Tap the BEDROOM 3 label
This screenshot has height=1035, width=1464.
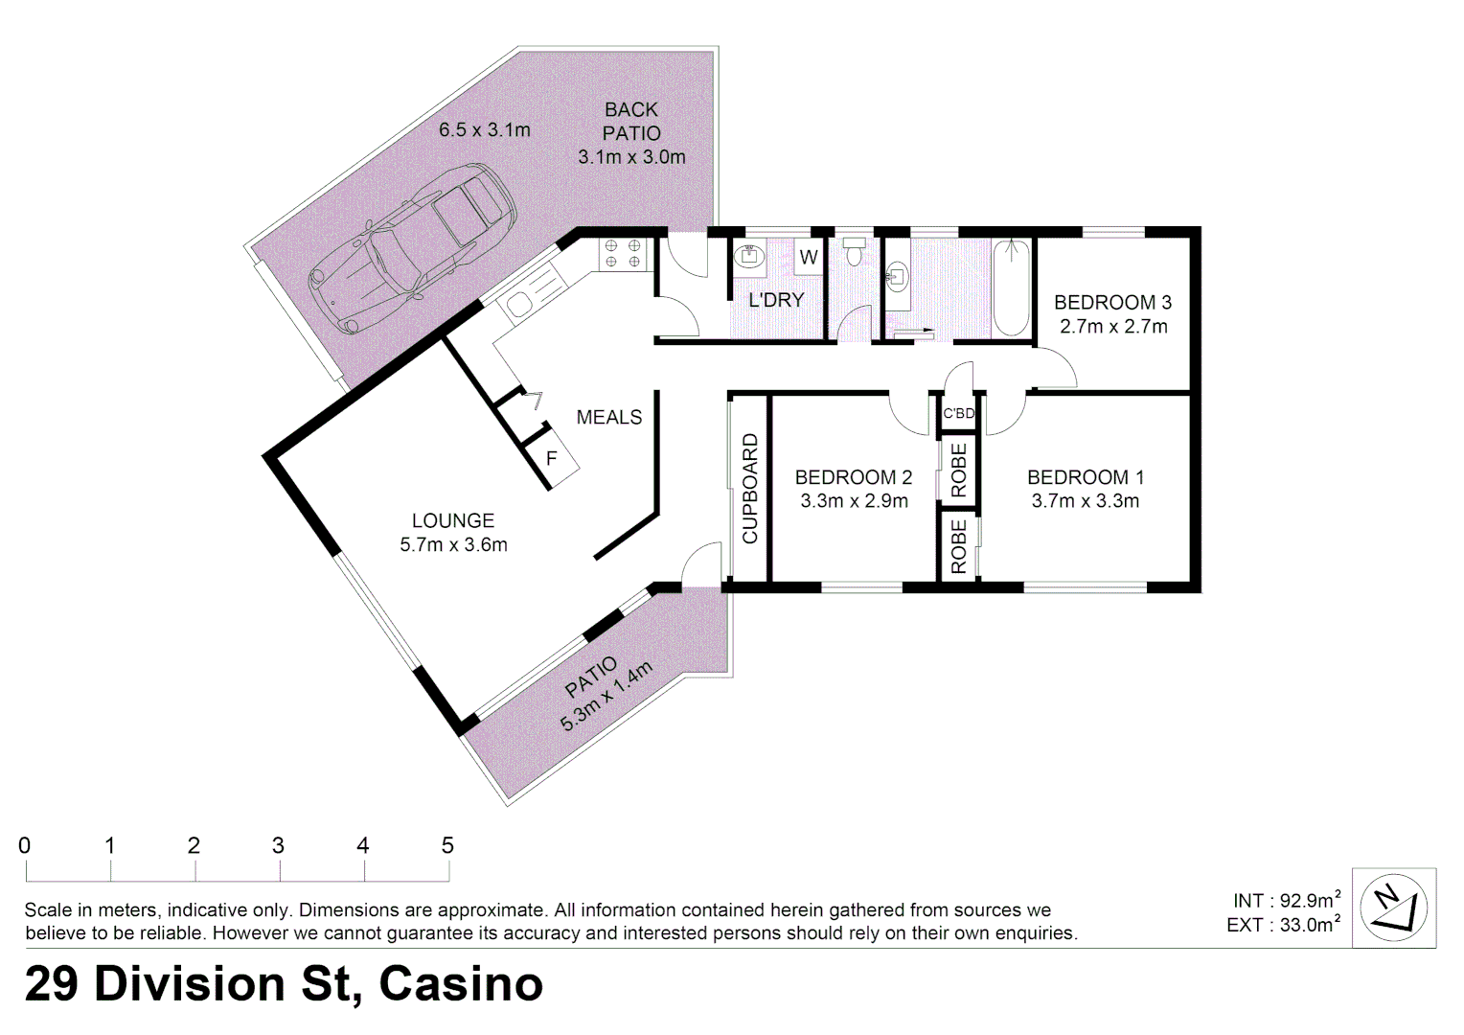pyautogui.click(x=1112, y=303)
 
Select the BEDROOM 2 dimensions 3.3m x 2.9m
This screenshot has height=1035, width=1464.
pyautogui.click(x=854, y=501)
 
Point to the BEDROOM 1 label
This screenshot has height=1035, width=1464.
pyautogui.click(x=1085, y=477)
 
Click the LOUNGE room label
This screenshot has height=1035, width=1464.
pyautogui.click(x=453, y=521)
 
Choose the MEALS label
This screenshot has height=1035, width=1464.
pyautogui.click(x=609, y=418)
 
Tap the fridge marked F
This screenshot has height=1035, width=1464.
pyautogui.click(x=552, y=459)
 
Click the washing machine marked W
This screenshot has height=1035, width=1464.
pyautogui.click(x=809, y=258)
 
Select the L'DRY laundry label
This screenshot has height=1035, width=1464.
pyautogui.click(x=776, y=300)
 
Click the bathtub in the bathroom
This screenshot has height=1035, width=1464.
pyautogui.click(x=1011, y=287)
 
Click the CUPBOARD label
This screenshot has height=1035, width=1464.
pyautogui.click(x=750, y=489)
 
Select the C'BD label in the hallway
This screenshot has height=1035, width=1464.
pyautogui.click(x=958, y=414)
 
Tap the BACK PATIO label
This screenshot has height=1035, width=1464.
pyautogui.click(x=631, y=122)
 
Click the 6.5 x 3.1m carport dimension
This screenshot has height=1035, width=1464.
pyautogui.click(x=484, y=130)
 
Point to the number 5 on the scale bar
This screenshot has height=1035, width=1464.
pyautogui.click(x=447, y=845)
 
